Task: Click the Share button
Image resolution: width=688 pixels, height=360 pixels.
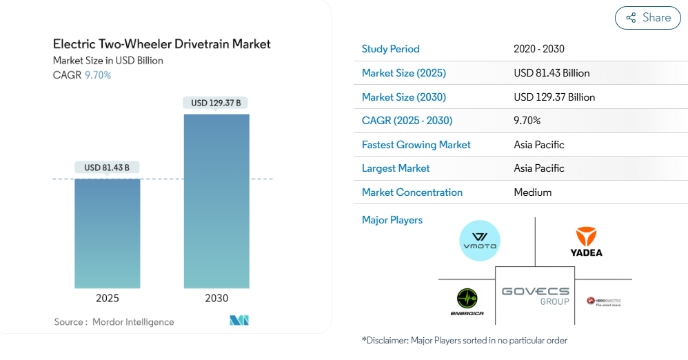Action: point(647,18)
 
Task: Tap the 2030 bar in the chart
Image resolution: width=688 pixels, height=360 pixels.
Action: point(216,201)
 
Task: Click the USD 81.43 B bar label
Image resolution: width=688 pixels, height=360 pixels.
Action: point(107,168)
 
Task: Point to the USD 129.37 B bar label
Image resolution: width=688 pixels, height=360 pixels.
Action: point(216,103)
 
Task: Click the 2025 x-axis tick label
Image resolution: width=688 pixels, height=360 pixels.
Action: point(107,299)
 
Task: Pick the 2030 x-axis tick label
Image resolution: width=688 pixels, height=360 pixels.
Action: point(216,299)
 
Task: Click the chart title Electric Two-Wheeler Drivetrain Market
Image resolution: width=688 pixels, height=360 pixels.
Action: point(161,44)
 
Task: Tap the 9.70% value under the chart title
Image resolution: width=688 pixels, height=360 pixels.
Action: point(98,75)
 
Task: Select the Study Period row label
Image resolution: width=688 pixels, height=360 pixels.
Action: point(390,49)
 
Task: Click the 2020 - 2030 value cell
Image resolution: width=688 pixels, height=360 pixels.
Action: point(539,49)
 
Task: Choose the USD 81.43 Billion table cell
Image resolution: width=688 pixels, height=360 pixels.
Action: point(552,73)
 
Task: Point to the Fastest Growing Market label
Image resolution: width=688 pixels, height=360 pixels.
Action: point(416,145)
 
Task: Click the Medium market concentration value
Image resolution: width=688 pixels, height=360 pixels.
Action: point(532,192)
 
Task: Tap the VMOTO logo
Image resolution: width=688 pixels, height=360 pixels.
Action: point(479,241)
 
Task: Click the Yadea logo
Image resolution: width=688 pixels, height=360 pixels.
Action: point(586,242)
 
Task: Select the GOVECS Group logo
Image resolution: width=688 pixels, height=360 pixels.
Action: point(535,295)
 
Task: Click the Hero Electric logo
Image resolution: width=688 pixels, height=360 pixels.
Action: point(603,301)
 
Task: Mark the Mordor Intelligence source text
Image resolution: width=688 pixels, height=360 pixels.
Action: point(133,322)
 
